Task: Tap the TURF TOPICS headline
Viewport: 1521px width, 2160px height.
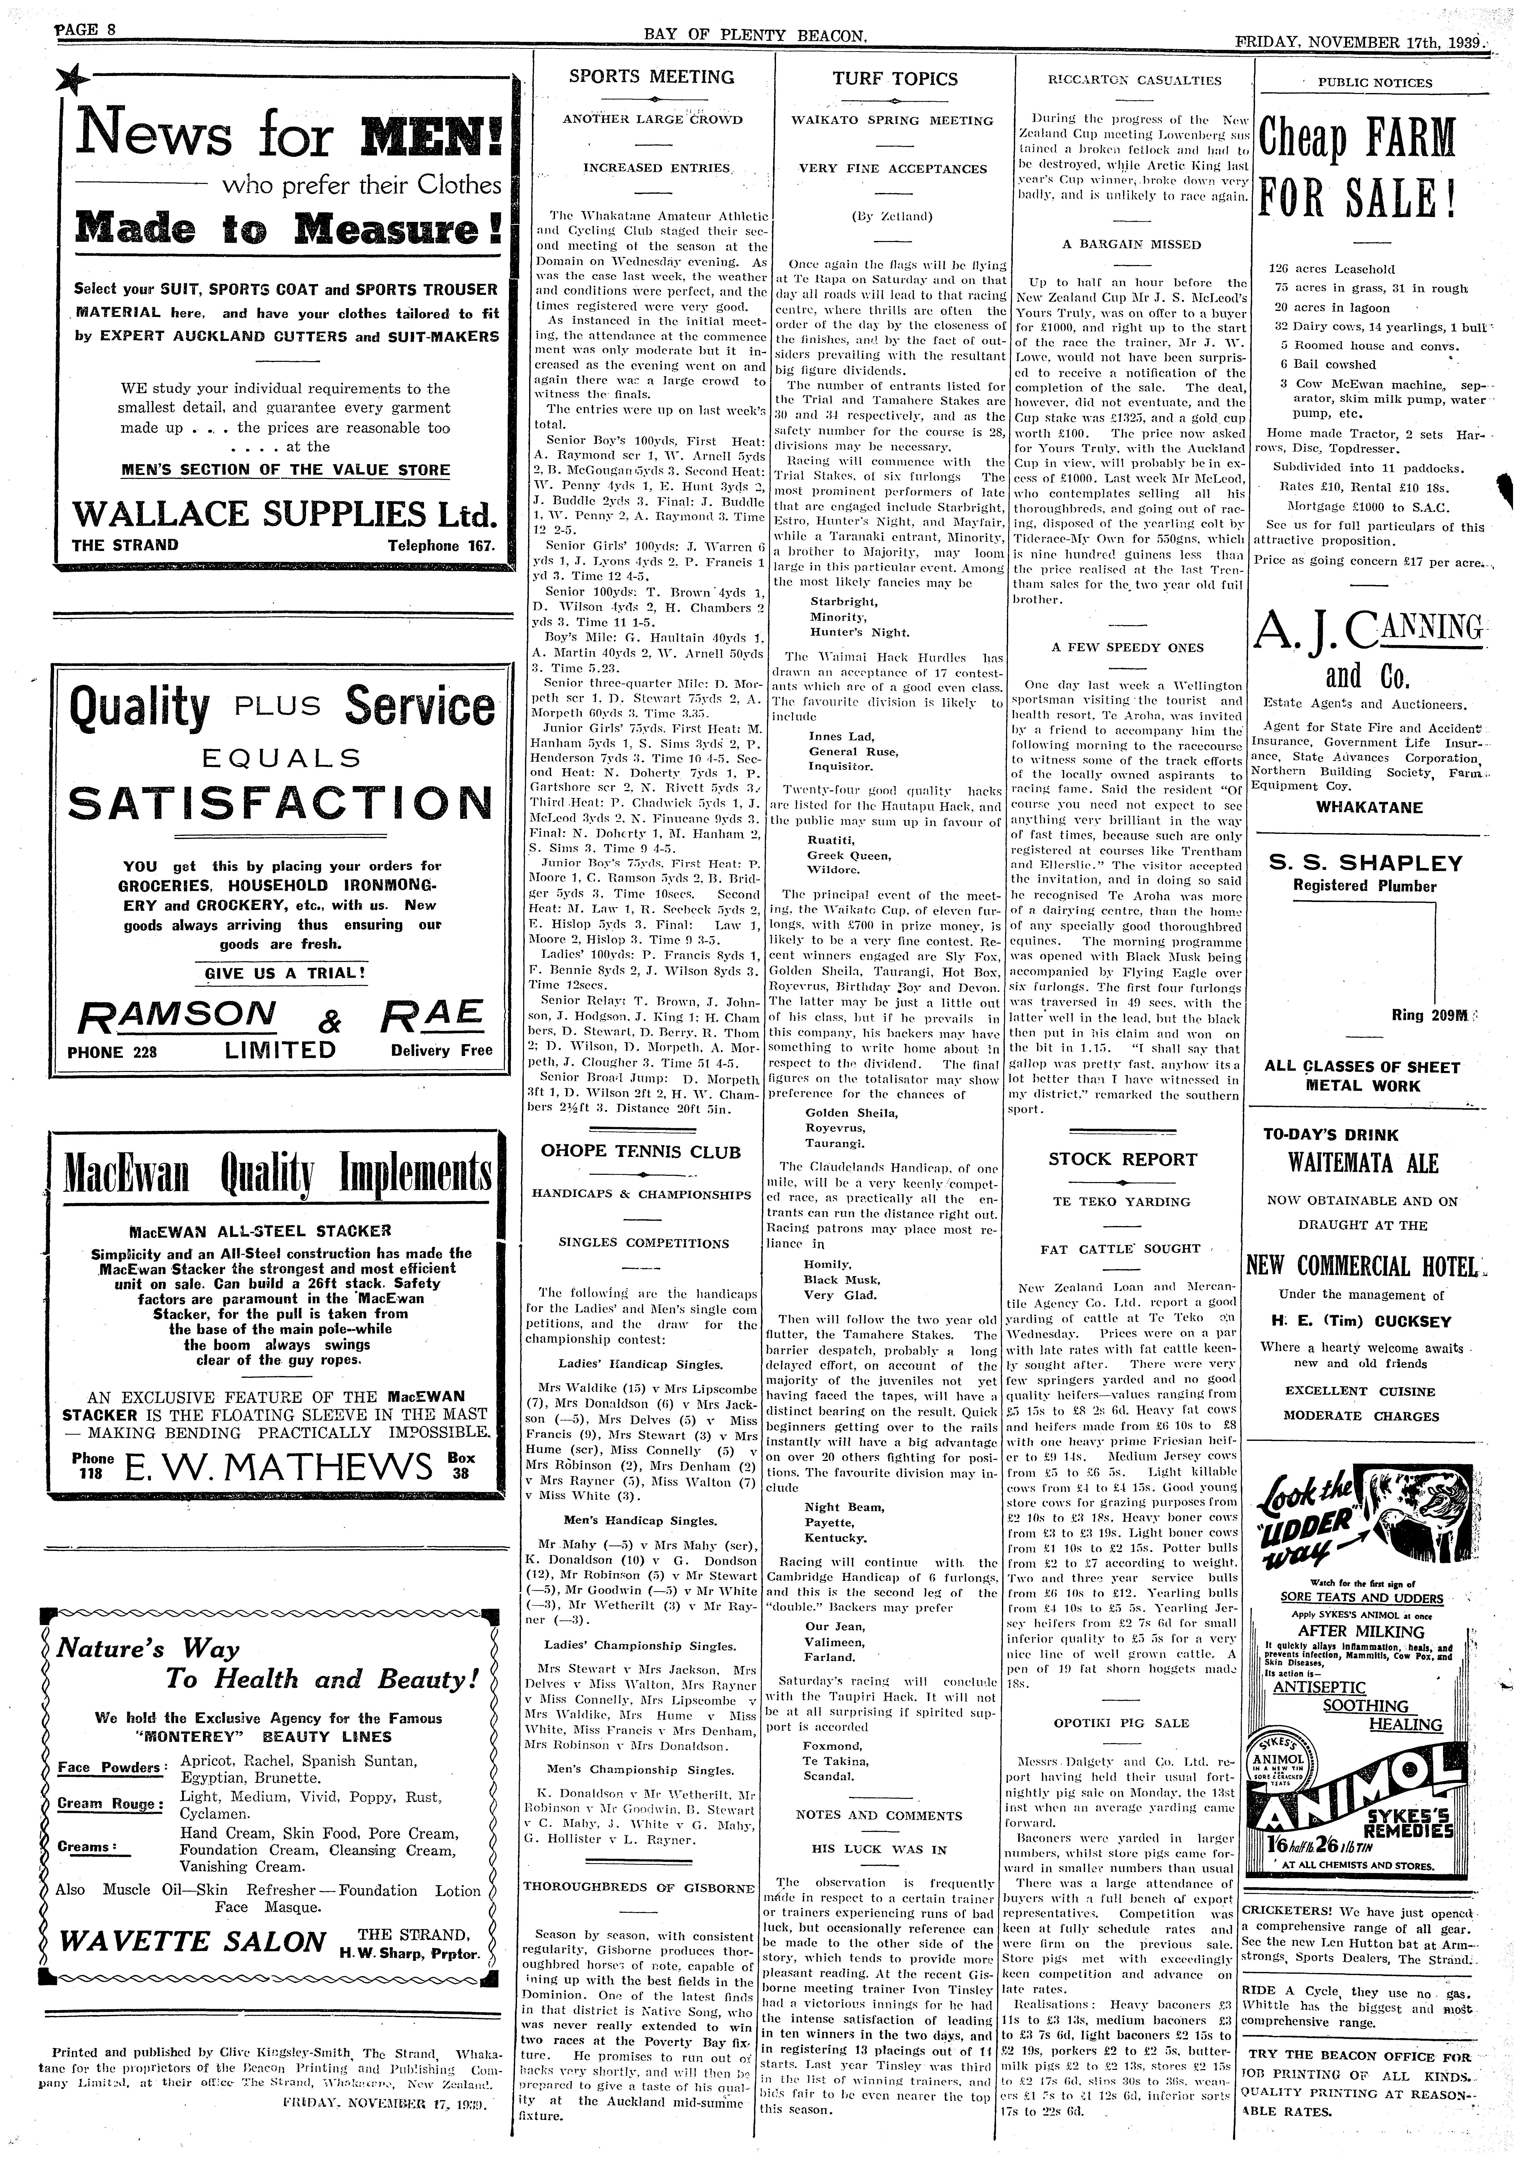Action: (895, 79)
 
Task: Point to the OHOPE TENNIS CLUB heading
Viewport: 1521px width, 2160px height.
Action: (641, 1152)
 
